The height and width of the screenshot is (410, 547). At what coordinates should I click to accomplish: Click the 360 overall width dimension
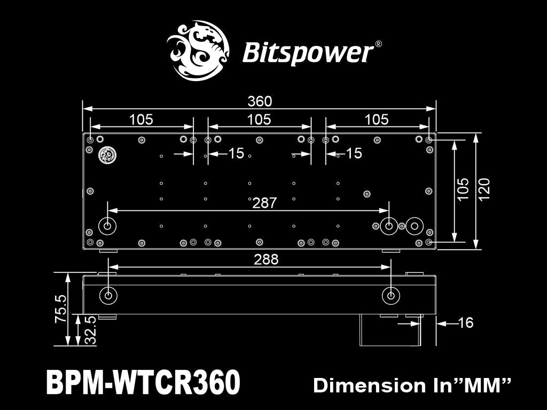(260, 101)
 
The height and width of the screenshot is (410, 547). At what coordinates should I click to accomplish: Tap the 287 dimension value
(265, 203)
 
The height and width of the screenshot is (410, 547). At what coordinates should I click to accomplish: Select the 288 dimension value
(266, 259)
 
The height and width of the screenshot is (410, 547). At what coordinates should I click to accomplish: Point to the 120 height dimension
(485, 189)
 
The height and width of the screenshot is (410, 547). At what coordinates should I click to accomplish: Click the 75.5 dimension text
(60, 309)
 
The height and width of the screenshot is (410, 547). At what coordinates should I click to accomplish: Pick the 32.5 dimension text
(90, 330)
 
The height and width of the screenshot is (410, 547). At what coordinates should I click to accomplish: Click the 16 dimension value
(466, 322)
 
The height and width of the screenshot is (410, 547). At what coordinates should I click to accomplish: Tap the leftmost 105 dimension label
(141, 120)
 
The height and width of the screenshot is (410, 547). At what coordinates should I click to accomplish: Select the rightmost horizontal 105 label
(377, 120)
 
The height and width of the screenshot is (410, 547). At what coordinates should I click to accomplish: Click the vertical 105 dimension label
(463, 189)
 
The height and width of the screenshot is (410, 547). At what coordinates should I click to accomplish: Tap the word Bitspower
(308, 53)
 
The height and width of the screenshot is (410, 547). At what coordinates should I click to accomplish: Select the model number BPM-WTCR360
(143, 382)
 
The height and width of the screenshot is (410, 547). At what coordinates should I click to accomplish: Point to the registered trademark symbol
(378, 44)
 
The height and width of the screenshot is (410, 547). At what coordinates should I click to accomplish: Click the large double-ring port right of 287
(413, 226)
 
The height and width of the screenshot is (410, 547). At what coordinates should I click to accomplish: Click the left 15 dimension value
(236, 154)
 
